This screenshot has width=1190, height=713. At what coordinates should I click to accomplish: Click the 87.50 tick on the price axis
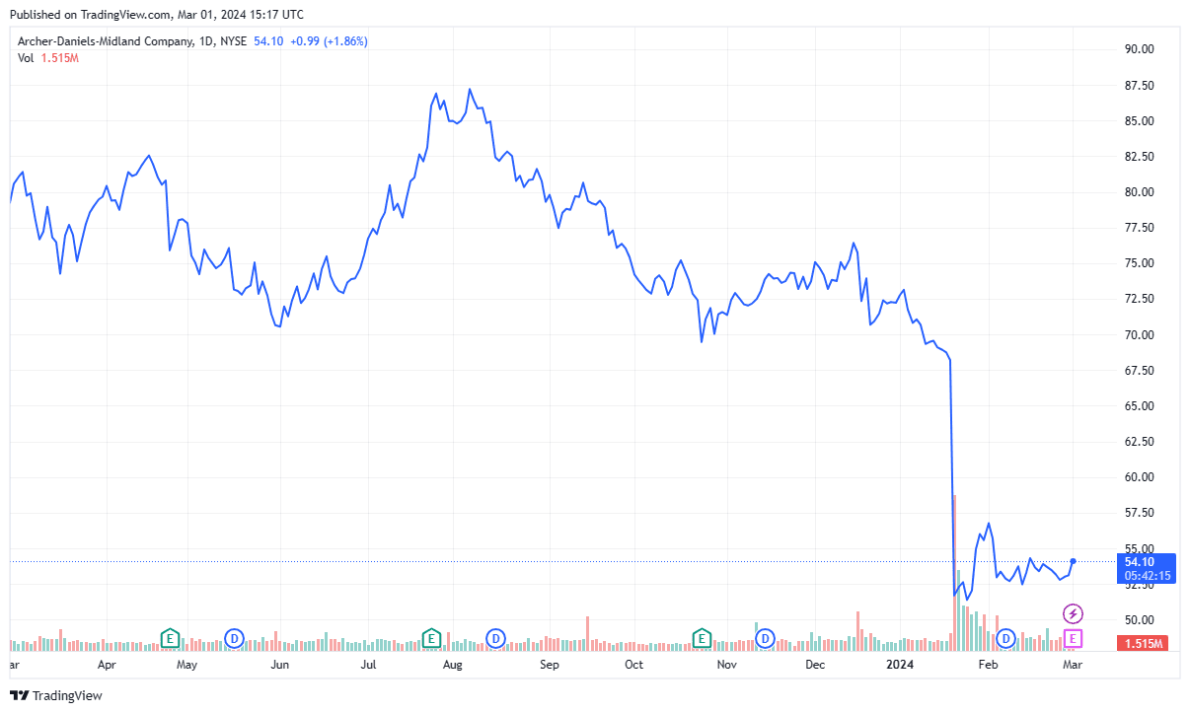point(1140,86)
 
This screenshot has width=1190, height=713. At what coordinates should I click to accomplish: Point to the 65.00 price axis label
point(1140,406)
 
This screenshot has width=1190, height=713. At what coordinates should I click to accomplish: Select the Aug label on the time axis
point(453,665)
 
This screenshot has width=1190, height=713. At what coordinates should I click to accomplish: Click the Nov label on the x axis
point(727,665)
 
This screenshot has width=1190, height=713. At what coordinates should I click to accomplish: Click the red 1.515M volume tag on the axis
point(1145,644)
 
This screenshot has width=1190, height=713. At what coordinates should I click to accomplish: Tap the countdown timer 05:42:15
point(1145,576)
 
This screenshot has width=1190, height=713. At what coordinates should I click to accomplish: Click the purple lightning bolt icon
point(1073,614)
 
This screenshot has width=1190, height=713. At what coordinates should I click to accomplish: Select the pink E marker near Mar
point(1073,639)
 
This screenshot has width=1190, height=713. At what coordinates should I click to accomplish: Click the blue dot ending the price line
point(1073,561)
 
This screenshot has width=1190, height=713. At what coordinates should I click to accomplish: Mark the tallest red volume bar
point(954,572)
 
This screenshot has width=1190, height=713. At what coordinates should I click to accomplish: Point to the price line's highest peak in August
point(470,90)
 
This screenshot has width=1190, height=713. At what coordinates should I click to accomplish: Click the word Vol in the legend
point(27,58)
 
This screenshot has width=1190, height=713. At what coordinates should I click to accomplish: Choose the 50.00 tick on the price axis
point(1140,620)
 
